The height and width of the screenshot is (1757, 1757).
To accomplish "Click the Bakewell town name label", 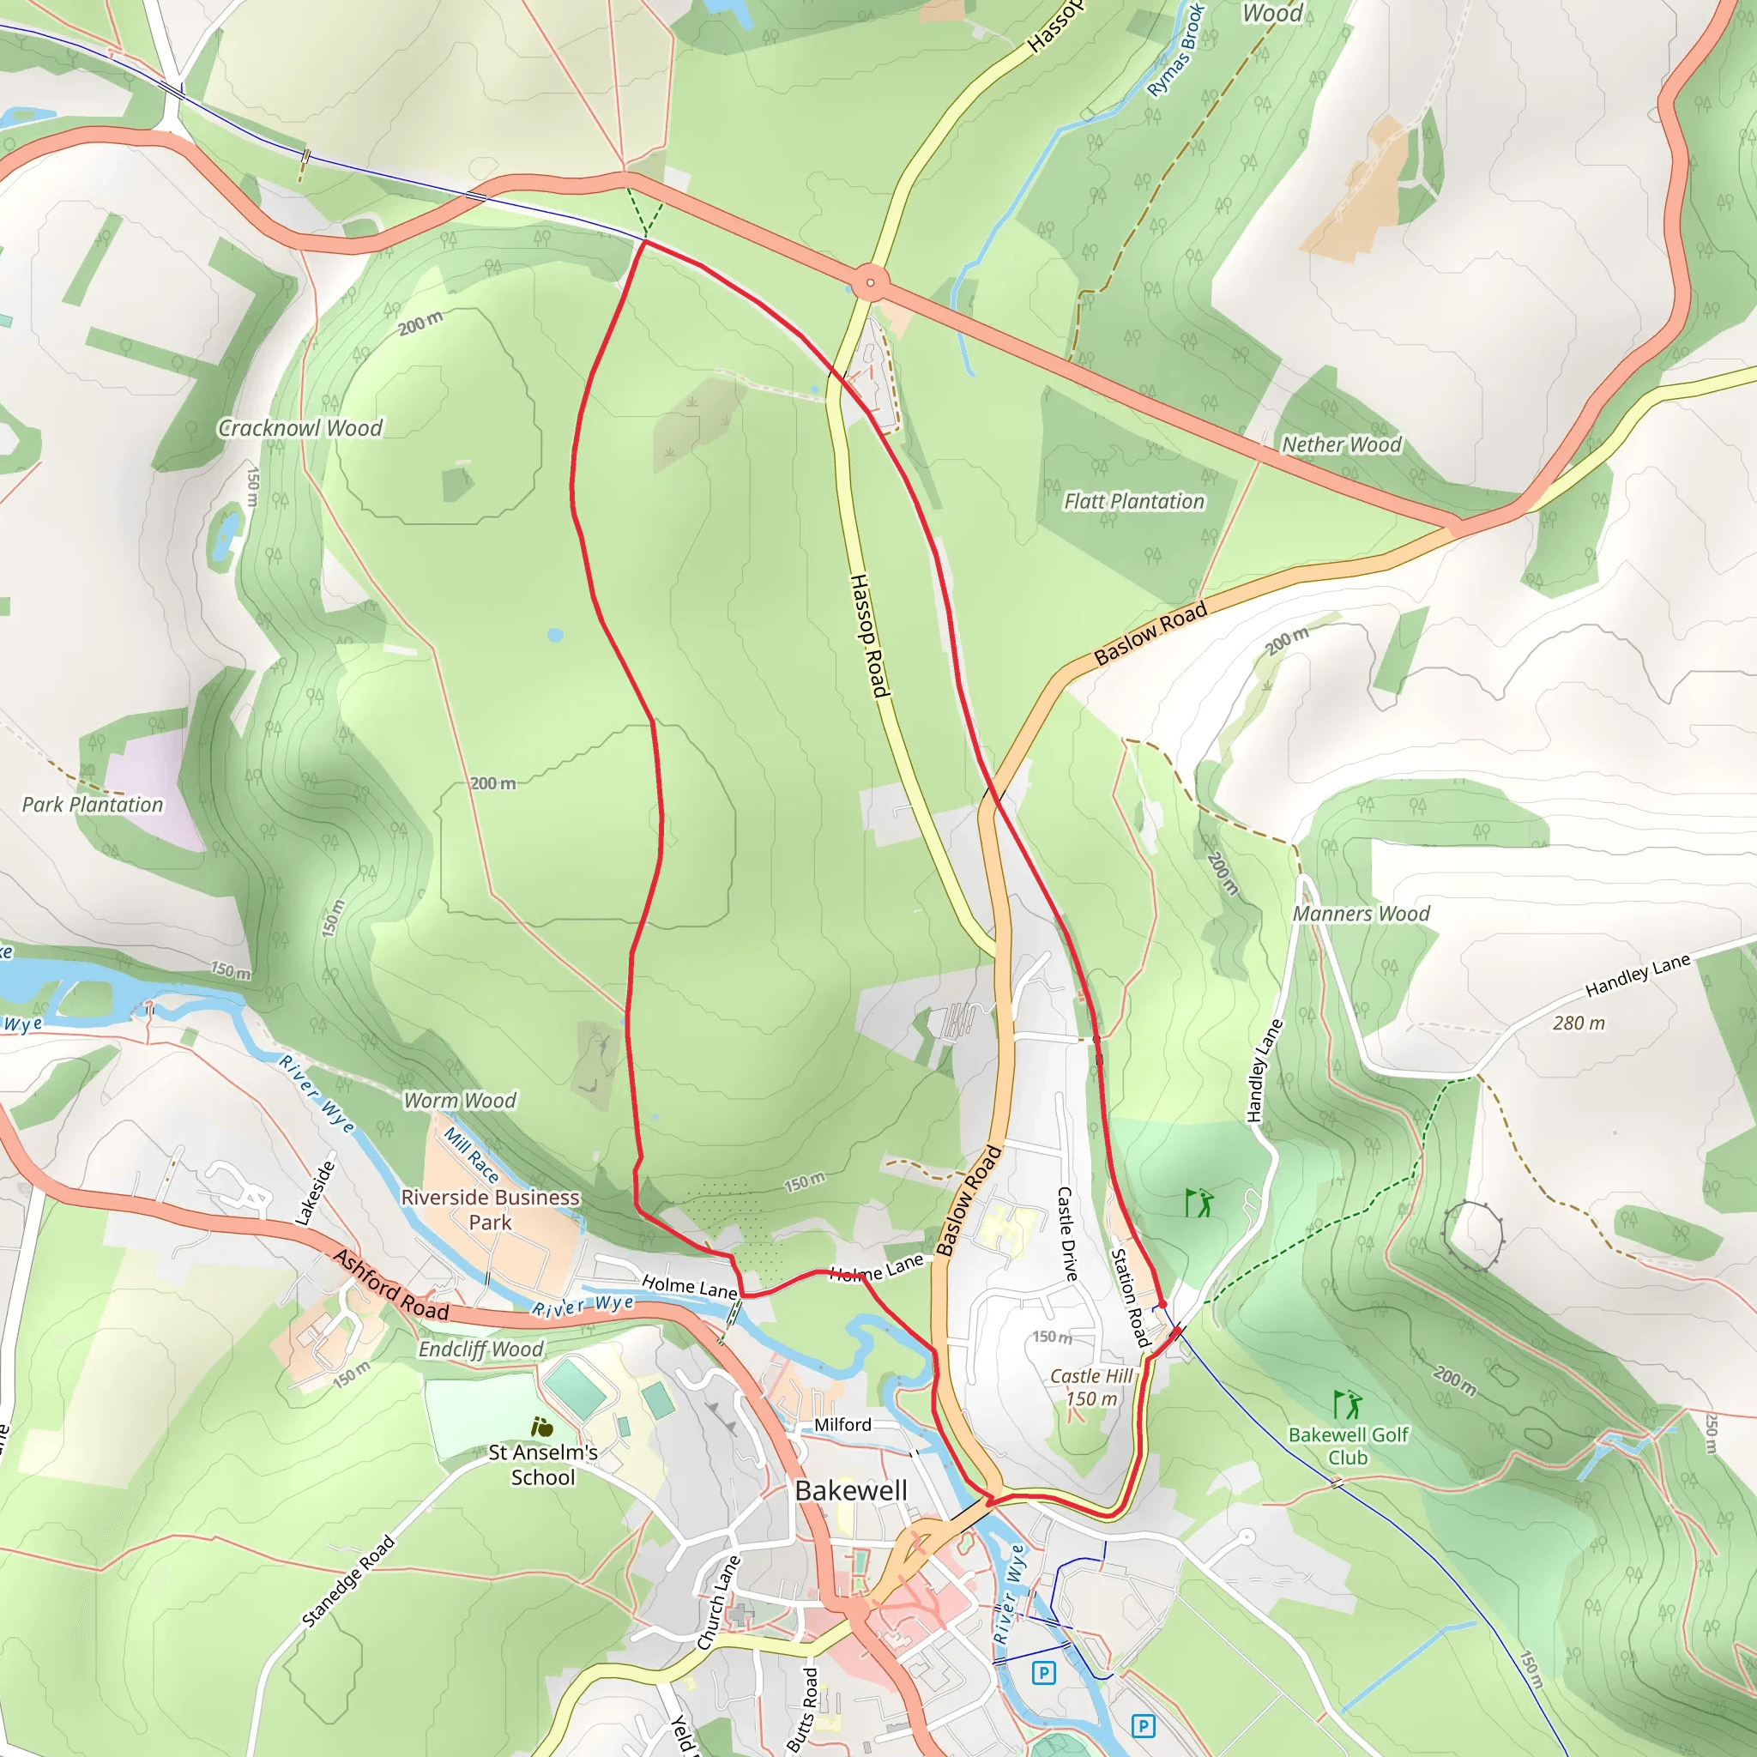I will (850, 1490).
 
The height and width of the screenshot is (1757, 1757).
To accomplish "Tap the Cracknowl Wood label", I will (300, 428).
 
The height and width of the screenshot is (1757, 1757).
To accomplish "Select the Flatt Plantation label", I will (1134, 501).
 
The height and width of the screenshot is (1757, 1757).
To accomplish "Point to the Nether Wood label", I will (1342, 444).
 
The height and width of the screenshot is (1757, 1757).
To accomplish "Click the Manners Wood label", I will (1361, 914).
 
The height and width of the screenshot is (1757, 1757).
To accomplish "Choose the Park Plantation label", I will (93, 805).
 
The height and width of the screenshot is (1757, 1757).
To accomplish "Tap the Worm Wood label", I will (460, 1102).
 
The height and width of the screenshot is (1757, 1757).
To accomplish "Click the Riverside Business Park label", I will (490, 1210).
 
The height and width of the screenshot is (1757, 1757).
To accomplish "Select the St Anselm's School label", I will (543, 1465).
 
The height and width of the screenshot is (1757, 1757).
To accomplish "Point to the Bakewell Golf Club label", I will (1348, 1446).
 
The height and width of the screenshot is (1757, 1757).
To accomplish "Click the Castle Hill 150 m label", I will (1091, 1388).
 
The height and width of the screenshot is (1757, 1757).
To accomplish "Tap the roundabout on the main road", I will (870, 283).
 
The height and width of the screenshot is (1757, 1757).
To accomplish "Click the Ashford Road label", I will (391, 1285).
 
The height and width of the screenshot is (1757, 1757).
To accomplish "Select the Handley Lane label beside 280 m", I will (1637, 975).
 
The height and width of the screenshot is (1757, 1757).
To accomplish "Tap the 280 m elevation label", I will (1579, 1023).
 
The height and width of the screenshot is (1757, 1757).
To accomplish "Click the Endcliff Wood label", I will (481, 1349).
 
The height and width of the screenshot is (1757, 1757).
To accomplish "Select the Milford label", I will (842, 1424).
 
